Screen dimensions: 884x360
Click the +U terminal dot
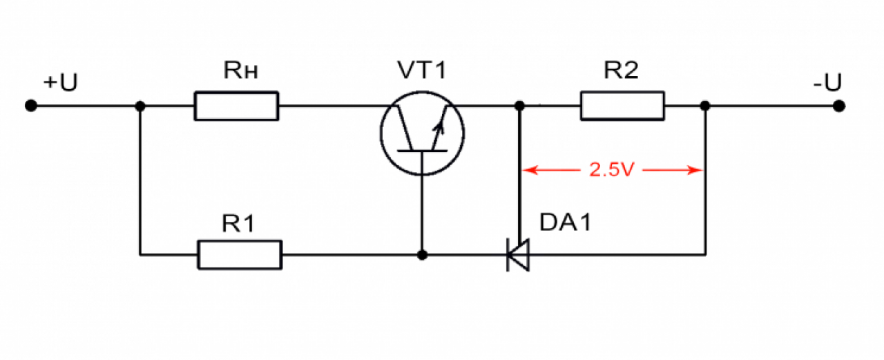(31, 106)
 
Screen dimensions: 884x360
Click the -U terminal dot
(839, 106)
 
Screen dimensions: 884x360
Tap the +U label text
(60, 82)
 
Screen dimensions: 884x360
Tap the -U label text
(827, 82)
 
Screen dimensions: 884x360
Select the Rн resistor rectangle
(236, 106)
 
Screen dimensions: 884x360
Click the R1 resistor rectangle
(240, 255)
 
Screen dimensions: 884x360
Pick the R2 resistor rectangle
(622, 106)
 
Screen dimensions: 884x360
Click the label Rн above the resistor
(241, 70)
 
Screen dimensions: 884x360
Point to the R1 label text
(238, 223)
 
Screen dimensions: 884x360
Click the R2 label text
(621, 70)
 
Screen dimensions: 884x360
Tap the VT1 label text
(422, 70)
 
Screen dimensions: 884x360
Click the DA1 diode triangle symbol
(518, 255)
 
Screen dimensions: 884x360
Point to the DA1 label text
(565, 222)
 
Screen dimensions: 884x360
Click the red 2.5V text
(612, 170)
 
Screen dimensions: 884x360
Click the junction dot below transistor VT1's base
(422, 255)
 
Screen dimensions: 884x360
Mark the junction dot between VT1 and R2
(520, 106)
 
